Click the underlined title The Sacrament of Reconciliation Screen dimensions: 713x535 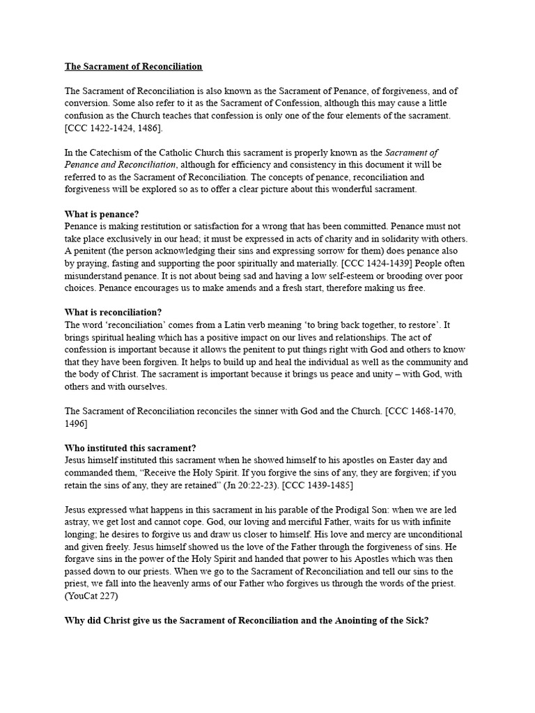(x=134, y=67)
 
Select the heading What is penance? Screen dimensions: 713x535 (x=107, y=214)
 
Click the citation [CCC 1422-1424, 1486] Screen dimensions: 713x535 (x=115, y=129)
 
